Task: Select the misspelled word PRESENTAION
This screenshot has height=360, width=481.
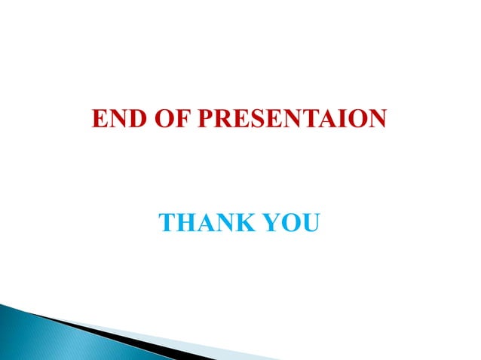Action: (x=293, y=120)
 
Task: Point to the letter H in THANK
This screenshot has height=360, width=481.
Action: (x=186, y=223)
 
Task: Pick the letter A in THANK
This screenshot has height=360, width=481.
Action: (x=204, y=223)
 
